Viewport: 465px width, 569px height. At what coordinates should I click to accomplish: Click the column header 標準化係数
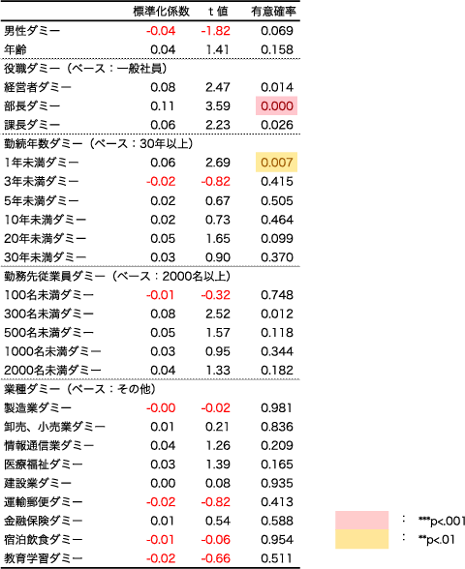[161, 12]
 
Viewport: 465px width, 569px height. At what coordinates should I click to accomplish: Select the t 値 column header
[218, 12]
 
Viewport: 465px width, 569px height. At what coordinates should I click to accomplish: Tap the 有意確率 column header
[273, 12]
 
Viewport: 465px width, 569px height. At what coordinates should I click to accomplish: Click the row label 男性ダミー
[32, 31]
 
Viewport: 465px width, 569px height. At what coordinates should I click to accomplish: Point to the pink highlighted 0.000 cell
[276, 106]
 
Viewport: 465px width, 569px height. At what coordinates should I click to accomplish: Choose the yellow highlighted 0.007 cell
[276, 163]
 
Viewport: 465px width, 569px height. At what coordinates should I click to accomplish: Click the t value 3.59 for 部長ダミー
[218, 106]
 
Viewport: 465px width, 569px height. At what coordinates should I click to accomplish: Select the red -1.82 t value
[215, 31]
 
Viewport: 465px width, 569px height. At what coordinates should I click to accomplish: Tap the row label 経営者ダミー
[38, 87]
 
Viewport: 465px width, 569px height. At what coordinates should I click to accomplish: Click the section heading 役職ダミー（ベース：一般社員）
[85, 68]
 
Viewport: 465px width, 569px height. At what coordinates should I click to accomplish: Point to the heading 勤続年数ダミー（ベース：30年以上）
[99, 143]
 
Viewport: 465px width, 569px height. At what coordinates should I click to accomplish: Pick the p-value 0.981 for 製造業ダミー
[277, 408]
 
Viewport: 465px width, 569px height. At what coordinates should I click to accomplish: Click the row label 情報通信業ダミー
[48, 445]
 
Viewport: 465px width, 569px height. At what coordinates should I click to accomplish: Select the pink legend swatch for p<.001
[362, 521]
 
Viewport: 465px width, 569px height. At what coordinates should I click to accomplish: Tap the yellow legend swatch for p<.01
[362, 539]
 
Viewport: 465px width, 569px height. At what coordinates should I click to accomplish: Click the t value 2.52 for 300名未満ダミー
[218, 314]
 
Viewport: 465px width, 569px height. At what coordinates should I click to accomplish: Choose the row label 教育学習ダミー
[44, 558]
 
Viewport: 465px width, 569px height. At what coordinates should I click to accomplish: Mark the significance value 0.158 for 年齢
[277, 49]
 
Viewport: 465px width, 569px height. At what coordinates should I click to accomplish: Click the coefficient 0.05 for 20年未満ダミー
[163, 238]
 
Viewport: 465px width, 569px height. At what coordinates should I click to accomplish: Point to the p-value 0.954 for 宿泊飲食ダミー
[277, 539]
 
